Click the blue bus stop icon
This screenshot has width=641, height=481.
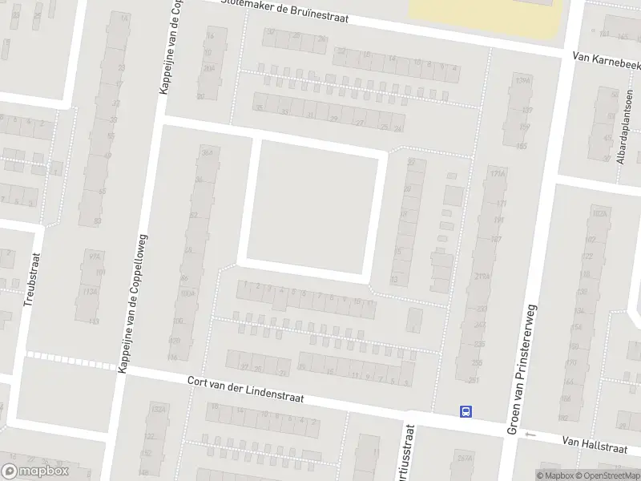point(466,411)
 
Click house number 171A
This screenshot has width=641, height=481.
point(498,173)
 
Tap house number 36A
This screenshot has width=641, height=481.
point(207,152)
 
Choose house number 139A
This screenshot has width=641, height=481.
point(522,81)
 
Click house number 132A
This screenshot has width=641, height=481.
point(159,409)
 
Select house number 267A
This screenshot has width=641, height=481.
point(463,459)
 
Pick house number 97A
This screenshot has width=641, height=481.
point(95,256)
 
